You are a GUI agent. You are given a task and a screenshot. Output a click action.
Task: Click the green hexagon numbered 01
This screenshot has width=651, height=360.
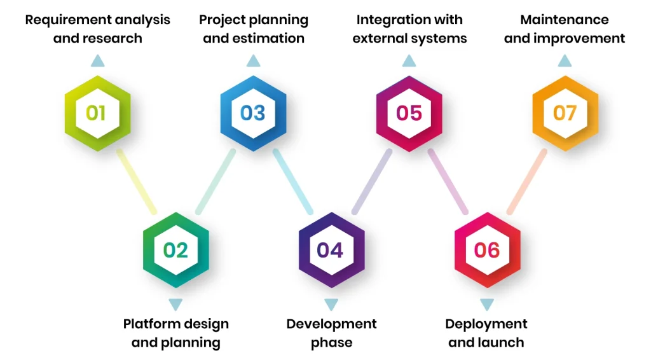pyautogui.click(x=97, y=113)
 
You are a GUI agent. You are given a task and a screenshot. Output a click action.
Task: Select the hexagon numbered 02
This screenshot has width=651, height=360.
pyautogui.click(x=175, y=250)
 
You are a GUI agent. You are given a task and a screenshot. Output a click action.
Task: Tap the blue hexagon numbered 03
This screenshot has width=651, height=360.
pyautogui.click(x=253, y=113)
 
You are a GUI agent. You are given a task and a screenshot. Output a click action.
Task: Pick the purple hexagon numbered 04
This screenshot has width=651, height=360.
pyautogui.click(x=331, y=250)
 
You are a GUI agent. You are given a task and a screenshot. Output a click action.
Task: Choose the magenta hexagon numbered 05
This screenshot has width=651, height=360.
pyautogui.click(x=409, y=113)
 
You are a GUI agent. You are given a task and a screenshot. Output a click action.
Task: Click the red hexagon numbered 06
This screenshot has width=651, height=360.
pyautogui.click(x=487, y=250)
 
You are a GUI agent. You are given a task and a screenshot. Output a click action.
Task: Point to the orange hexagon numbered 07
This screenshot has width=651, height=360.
pyautogui.click(x=565, y=113)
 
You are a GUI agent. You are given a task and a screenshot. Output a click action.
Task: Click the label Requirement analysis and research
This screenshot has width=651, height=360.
pyautogui.click(x=97, y=29)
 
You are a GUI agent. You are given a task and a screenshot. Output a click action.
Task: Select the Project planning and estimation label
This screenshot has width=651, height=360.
pyautogui.click(x=254, y=29)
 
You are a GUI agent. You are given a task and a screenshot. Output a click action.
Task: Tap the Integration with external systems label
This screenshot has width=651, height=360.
pyautogui.click(x=409, y=29)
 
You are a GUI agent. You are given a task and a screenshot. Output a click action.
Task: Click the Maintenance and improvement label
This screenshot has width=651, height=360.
pyautogui.click(x=565, y=29)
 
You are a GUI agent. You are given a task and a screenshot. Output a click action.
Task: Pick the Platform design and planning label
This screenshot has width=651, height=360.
pyautogui.click(x=175, y=333)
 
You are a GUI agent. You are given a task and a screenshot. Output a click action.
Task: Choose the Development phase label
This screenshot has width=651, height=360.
pyautogui.click(x=331, y=333)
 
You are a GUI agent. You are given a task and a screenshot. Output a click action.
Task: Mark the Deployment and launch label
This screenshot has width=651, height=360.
pyautogui.click(x=486, y=333)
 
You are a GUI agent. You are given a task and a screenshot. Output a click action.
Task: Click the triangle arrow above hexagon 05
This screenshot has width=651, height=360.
pyautogui.click(x=409, y=61)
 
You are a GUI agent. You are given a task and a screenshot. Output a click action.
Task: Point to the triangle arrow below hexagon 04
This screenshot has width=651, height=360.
pyautogui.click(x=331, y=304)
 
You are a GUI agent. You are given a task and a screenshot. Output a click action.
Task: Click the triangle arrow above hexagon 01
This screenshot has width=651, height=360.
pyautogui.click(x=97, y=61)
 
